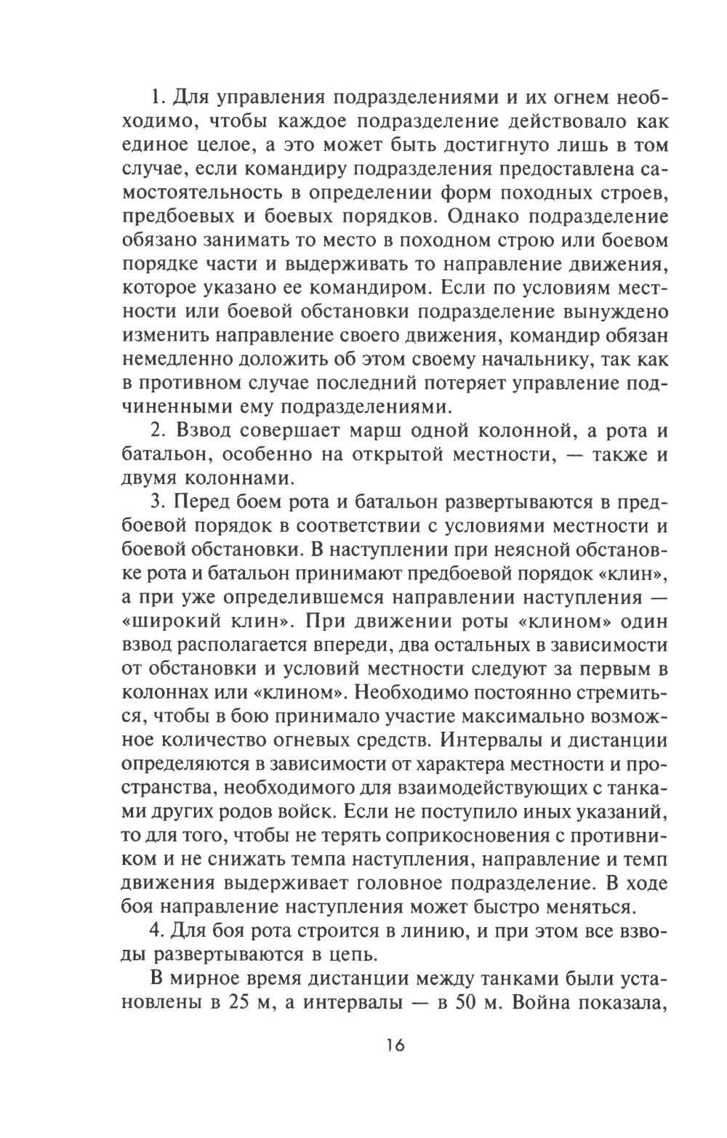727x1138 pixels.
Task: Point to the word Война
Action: pyautogui.click(x=573, y=1002)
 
